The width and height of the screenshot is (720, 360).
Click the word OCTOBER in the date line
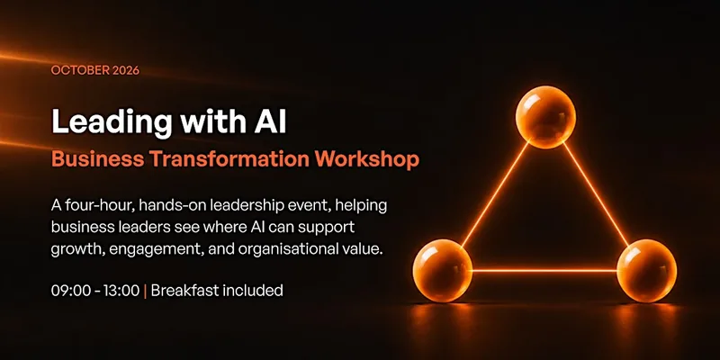(x=79, y=71)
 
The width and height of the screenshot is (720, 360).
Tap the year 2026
(x=125, y=71)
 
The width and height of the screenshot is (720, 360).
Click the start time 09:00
(x=69, y=291)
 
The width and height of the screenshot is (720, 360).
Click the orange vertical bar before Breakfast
(x=145, y=291)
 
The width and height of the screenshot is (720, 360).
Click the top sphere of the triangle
(x=545, y=116)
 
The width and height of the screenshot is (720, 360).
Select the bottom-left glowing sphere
(x=443, y=270)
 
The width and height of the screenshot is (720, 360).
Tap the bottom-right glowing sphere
(x=646, y=270)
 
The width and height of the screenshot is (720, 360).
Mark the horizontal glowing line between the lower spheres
(x=544, y=271)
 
